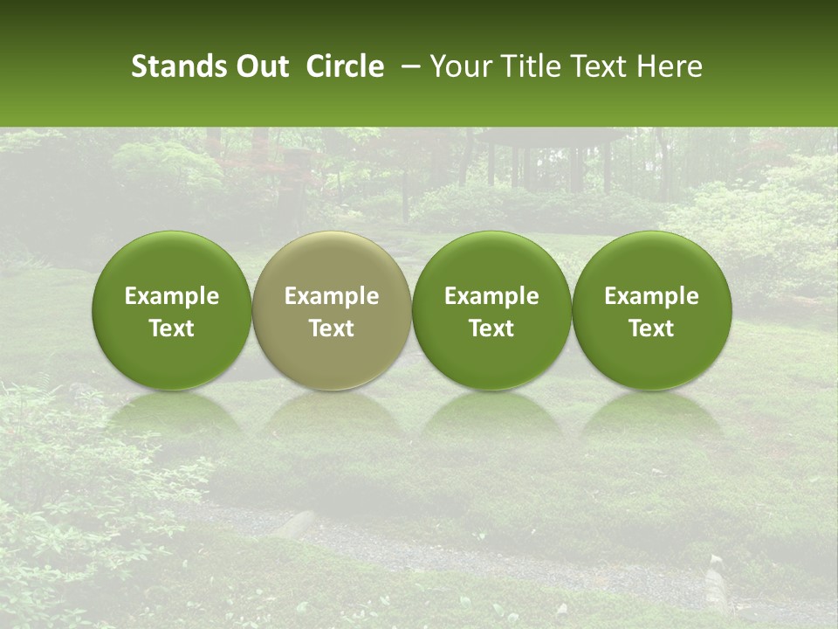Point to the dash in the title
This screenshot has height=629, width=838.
coord(406,66)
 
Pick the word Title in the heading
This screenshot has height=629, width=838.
coord(524,66)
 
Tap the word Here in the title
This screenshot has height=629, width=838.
coord(670,66)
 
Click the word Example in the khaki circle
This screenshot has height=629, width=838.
coord(332,297)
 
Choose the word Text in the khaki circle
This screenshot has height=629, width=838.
coord(332,328)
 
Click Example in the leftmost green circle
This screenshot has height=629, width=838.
coord(172,297)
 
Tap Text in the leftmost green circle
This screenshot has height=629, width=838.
coord(172,328)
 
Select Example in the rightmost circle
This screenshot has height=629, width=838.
coord(651,297)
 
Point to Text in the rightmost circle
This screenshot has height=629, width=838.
coord(651,328)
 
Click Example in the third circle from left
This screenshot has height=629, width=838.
coord(491,297)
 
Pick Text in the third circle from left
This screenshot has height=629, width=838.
coord(491,328)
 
